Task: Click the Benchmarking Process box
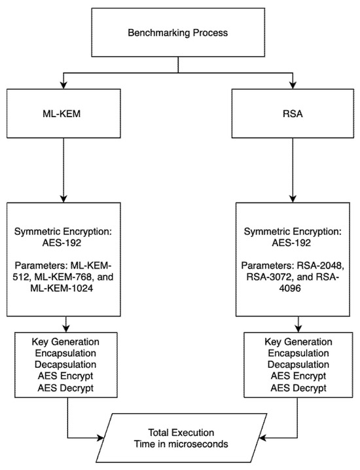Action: (178, 31)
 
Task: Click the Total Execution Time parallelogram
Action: (179, 435)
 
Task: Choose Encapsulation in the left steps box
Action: (66, 353)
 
